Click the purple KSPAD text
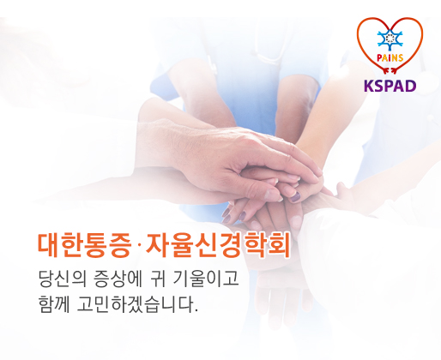(x=390, y=86)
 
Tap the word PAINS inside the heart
(x=390, y=58)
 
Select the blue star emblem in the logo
(x=390, y=39)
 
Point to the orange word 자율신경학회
(x=218, y=245)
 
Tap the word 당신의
(x=63, y=279)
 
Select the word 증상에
(x=118, y=279)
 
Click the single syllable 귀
(x=158, y=279)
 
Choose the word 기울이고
(x=206, y=279)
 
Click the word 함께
(x=54, y=304)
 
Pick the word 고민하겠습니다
(x=135, y=304)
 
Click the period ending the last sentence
(x=196, y=310)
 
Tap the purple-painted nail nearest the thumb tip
(x=296, y=197)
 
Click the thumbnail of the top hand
(x=271, y=195)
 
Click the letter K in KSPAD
(x=369, y=86)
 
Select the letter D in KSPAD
(x=411, y=86)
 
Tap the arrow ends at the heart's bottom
(x=390, y=70)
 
